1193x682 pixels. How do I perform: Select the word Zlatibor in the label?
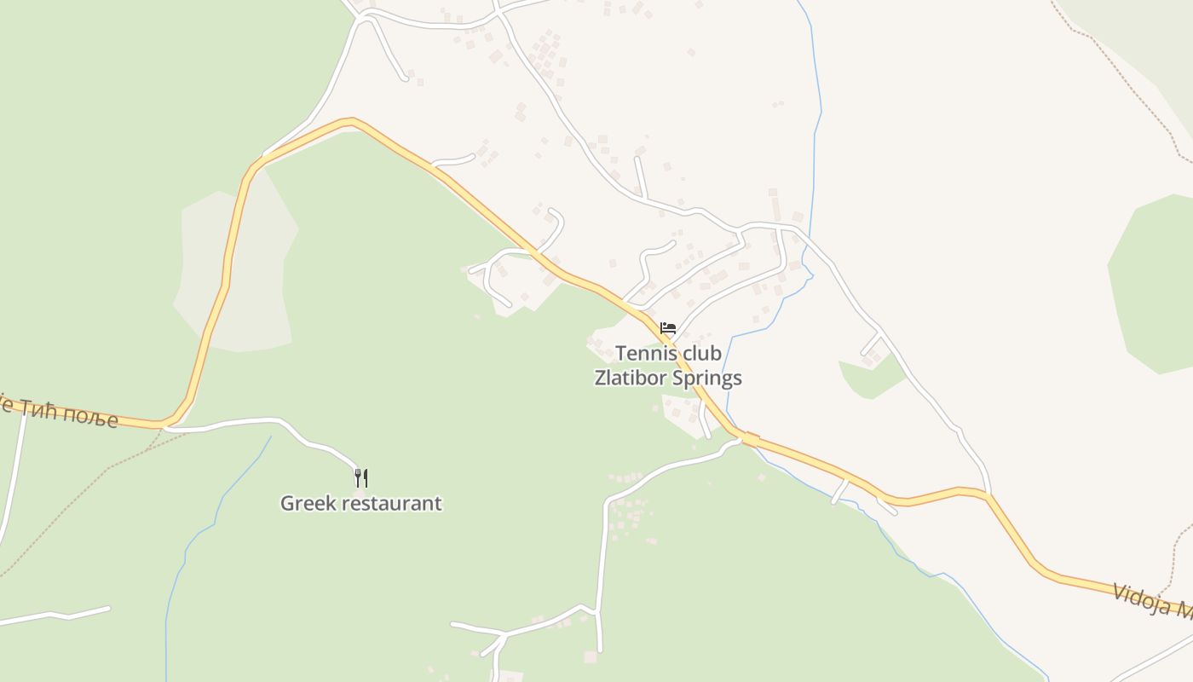pyautogui.click(x=628, y=378)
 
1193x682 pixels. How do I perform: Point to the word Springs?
pyautogui.click(x=706, y=379)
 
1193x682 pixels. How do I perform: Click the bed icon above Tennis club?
pyautogui.click(x=667, y=327)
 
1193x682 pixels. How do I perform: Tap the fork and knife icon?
pyautogui.click(x=360, y=477)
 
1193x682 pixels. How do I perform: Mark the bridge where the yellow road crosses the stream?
pyautogui.click(x=749, y=438)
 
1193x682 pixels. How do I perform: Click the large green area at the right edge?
pyautogui.click(x=1155, y=281)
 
